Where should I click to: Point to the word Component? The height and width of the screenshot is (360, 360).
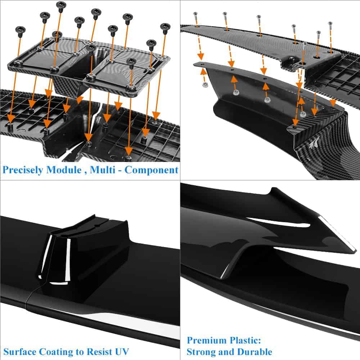[x=152, y=170]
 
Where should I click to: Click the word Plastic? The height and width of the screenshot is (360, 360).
[x=244, y=340]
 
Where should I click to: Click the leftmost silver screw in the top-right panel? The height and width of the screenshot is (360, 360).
[x=196, y=14]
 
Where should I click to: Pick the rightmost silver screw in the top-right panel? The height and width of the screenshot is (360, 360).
[x=330, y=24]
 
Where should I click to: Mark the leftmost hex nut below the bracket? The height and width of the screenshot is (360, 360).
[x=205, y=85]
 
